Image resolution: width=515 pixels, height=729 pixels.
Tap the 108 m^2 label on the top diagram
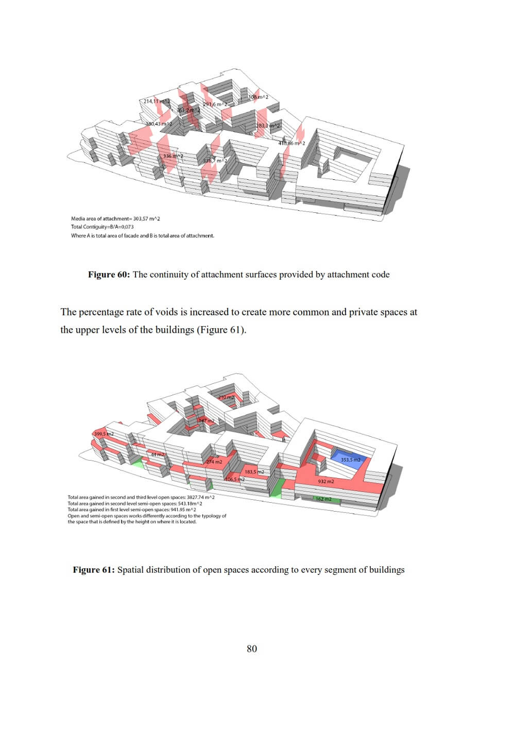pos(259,97)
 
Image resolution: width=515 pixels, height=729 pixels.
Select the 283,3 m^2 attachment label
pos(268,126)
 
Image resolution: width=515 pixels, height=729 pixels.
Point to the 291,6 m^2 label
pos(215,105)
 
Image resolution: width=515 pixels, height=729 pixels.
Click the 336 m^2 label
pos(173,156)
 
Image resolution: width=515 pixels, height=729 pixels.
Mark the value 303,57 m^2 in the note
pos(147,219)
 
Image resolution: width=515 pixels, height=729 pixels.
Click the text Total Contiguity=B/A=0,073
pos(102,227)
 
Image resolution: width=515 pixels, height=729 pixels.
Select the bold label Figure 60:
pos(109,275)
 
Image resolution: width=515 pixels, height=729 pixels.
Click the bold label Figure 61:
pos(94,570)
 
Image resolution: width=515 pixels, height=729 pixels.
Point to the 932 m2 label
pos(326,482)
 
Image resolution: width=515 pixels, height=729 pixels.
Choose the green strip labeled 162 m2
pos(324,499)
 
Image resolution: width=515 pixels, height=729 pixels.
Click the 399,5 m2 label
pos(104,434)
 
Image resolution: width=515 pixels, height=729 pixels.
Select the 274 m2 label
pos(214,462)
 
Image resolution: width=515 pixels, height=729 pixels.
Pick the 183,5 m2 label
pos(254,472)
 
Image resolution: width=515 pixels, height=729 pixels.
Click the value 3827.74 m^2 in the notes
pos(200,498)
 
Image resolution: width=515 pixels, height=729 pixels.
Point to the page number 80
pos(252,649)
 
